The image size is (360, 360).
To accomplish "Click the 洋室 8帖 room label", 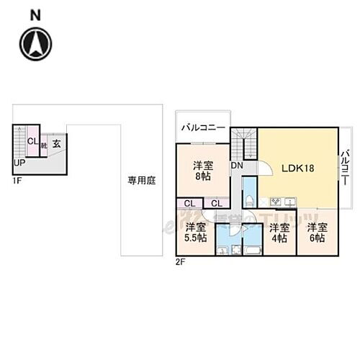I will (x=202, y=170).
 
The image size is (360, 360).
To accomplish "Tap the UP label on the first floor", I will (x=19, y=163).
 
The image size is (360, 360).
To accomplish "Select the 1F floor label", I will (x=16, y=181).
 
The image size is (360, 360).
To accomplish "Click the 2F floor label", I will (x=180, y=261).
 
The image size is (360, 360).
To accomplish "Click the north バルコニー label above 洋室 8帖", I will (x=203, y=128).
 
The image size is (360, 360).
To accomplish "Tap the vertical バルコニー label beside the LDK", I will (x=346, y=163).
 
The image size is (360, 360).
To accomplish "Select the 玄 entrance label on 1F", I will (x=55, y=144).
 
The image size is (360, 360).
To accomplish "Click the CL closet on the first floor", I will (x=32, y=141).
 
